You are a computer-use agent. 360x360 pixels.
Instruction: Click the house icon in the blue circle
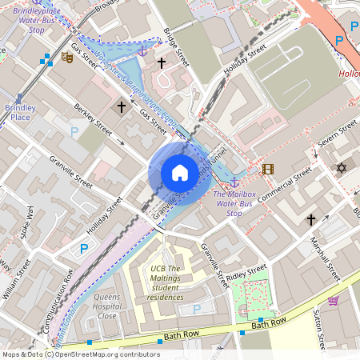click(180, 173)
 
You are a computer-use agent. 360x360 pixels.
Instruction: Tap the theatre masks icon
click(67, 59)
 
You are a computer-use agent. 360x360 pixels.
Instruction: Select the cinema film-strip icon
click(267, 169)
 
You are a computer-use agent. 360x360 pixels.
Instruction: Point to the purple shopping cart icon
click(333, 301)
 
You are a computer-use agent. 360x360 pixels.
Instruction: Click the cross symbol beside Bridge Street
click(161, 62)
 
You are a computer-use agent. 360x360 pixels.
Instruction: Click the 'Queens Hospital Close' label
click(107, 306)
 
